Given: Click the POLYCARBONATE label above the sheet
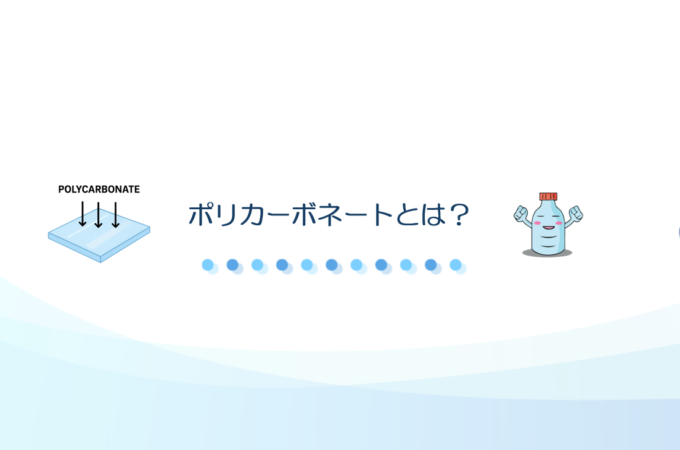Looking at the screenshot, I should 99,190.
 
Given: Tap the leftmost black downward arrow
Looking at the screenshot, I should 83,214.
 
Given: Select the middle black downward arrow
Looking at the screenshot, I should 99,214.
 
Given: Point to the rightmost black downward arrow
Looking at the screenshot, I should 115,214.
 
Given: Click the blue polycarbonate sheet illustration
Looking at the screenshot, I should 99,240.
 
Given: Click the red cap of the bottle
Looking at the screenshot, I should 548,197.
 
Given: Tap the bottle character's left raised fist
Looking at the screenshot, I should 521,214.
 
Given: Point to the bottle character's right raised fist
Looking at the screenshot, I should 576,214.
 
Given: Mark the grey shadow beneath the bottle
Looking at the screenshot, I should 547,252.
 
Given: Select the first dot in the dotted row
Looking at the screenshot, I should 208,265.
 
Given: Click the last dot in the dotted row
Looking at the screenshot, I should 456,265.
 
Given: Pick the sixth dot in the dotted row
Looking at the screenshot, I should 332,265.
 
